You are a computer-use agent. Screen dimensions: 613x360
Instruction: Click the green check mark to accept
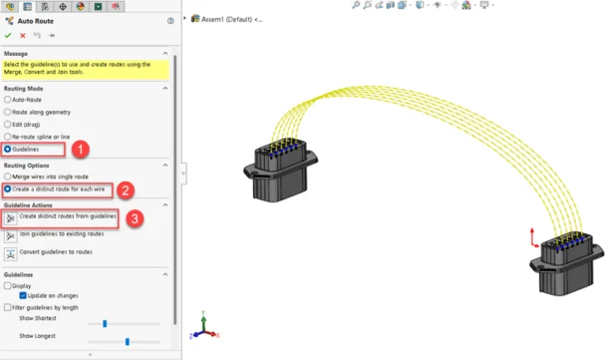point(8,36)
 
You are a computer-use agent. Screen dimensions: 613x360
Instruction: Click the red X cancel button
point(23,36)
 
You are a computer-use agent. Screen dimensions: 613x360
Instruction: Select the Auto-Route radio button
point(7,100)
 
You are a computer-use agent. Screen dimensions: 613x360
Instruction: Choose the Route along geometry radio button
point(7,113)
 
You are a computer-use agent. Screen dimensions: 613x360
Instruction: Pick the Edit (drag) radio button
point(7,125)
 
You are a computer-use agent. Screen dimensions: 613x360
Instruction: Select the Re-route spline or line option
point(7,137)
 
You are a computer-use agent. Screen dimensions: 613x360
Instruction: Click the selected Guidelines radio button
point(7,150)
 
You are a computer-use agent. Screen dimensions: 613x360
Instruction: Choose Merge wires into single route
point(7,177)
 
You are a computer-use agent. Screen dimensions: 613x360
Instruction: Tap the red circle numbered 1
point(81,150)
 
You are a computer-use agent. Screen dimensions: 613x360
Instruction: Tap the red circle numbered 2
point(126,190)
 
